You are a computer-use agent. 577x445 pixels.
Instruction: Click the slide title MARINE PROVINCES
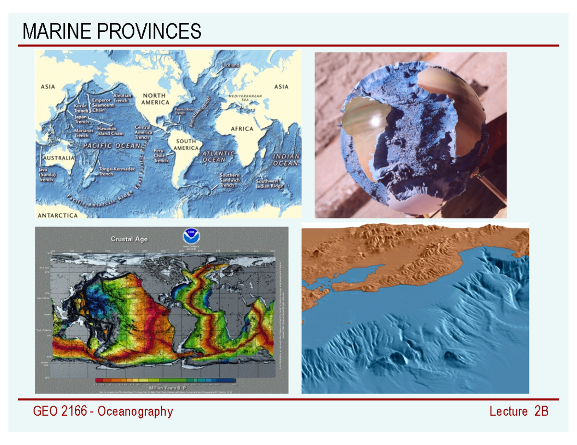point(112,32)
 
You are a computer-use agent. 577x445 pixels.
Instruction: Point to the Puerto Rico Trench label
point(183,111)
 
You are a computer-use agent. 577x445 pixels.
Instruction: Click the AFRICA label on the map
point(242,129)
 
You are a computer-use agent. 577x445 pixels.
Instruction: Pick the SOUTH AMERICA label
point(186,144)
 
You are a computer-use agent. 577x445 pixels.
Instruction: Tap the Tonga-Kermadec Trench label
point(113,171)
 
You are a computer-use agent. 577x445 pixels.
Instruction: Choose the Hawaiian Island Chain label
point(110,131)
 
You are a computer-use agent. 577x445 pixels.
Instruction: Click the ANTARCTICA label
point(57,216)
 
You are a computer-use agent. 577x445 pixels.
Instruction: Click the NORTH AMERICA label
point(155,99)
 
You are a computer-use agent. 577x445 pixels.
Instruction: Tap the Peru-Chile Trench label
point(160,156)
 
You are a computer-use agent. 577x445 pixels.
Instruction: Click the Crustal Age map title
point(129,239)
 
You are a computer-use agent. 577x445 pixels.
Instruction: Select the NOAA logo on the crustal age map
point(189,237)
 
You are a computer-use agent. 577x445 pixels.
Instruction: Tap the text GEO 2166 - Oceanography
point(102,411)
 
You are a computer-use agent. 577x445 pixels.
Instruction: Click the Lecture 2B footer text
point(519,411)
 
